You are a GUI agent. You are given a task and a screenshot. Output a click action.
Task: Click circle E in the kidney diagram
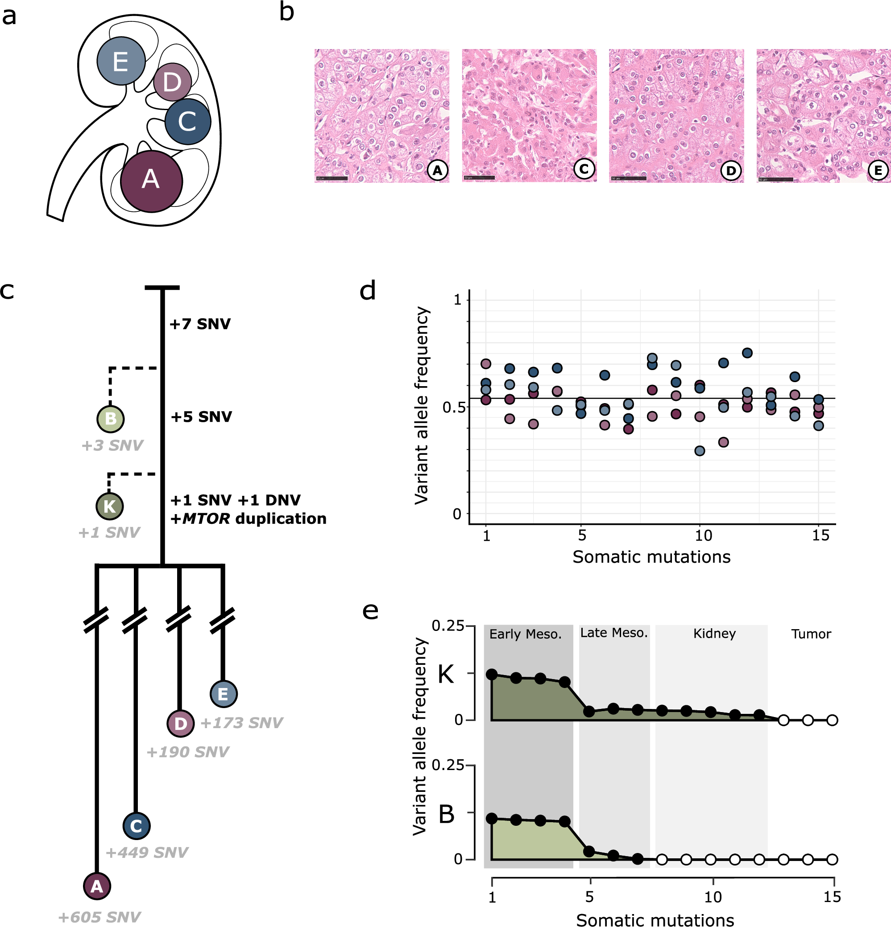120,61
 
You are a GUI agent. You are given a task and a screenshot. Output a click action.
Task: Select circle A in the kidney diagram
151,181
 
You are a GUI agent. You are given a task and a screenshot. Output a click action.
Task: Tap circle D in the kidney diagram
172,82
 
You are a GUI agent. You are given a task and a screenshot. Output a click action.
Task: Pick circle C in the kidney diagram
187,122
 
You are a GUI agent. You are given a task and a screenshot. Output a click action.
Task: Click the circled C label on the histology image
584,169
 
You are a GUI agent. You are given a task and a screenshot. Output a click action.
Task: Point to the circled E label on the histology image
878,170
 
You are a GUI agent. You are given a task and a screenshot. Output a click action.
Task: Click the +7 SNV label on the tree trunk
200,324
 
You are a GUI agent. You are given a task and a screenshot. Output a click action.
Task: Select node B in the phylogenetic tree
110,419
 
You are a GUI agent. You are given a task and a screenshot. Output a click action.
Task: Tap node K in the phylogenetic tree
110,506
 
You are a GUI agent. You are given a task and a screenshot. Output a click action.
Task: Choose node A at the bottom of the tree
97,886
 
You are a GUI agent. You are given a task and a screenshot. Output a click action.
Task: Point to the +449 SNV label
147,852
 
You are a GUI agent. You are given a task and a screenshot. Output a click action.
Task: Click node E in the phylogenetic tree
224,694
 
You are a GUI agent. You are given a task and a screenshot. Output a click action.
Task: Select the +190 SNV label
188,751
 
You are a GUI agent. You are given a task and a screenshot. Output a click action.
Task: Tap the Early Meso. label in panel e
525,634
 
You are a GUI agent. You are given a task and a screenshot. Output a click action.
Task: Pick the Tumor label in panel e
811,634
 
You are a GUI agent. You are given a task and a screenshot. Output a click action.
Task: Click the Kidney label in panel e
714,633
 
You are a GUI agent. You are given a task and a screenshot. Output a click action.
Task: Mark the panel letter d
368,290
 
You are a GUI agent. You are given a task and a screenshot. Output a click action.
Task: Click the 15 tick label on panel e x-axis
832,897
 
